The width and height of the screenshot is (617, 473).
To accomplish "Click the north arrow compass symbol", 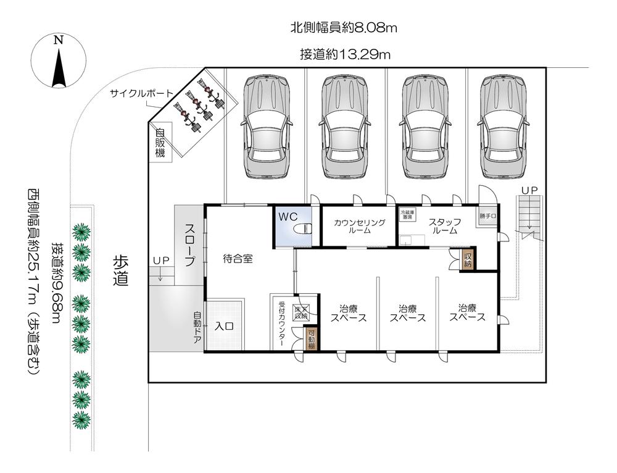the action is tap(59, 62).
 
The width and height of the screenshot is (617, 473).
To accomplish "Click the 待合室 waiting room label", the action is tap(238, 259).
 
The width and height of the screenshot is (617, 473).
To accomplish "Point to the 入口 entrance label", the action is tap(224, 327).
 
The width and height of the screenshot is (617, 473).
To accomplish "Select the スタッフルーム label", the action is tap(443, 226).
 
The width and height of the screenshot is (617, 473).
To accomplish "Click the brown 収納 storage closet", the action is tap(468, 260).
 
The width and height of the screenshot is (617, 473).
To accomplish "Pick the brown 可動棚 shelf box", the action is tap(312, 339).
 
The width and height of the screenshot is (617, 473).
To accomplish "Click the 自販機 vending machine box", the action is tap(160, 142).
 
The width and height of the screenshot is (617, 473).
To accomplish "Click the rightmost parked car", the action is tap(504, 126).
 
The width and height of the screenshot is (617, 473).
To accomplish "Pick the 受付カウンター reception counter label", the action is tap(281, 325).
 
